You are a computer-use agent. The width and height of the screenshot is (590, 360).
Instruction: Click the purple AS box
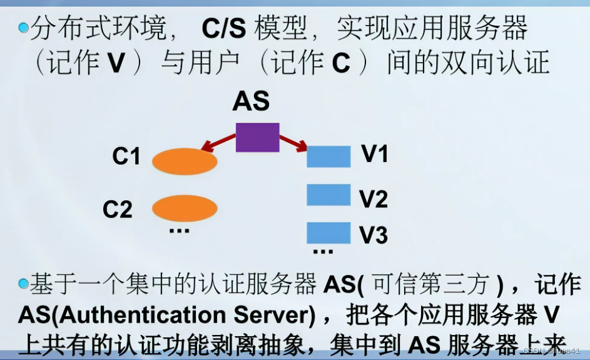[257, 137]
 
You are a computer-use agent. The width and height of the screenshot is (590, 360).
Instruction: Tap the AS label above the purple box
[251, 101]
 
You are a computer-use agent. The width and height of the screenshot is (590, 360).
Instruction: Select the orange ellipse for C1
[185, 161]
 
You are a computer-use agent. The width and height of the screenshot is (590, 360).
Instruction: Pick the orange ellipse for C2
[185, 208]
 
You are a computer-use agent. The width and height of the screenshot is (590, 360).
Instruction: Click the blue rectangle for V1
[328, 157]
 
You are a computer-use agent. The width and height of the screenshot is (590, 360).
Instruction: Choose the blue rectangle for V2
[328, 195]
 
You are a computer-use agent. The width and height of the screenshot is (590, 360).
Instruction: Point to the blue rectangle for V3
[328, 232]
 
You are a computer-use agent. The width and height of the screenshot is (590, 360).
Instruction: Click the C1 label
[126, 157]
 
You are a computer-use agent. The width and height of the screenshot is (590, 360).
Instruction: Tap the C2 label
[118, 210]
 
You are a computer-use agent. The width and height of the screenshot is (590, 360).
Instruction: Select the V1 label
[375, 154]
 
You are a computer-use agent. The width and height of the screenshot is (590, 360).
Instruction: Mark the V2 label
[374, 198]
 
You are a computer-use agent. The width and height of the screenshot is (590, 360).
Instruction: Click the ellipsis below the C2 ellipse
[179, 231]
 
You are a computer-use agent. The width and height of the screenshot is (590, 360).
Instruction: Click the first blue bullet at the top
[24, 27]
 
